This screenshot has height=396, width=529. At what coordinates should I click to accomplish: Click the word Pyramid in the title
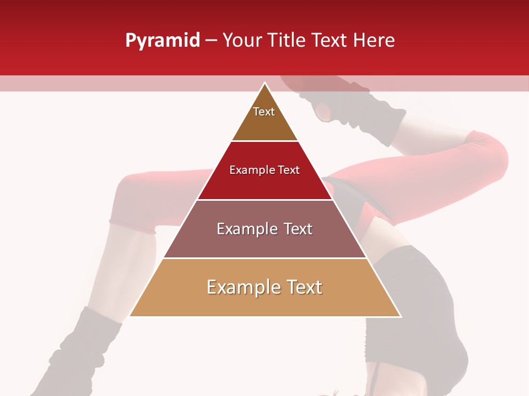click(x=162, y=41)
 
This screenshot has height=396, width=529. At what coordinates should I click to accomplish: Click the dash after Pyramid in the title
click(x=210, y=41)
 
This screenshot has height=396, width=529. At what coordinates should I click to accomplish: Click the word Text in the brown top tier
click(x=264, y=112)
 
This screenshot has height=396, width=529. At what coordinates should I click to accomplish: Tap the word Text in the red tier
click(x=289, y=170)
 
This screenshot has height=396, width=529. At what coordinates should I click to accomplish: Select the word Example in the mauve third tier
click(x=244, y=229)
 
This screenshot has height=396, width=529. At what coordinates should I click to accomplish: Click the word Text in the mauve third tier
click(x=298, y=229)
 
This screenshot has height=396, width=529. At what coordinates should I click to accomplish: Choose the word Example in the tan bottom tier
click(x=241, y=287)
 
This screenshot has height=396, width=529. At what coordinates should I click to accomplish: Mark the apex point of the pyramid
click(x=264, y=83)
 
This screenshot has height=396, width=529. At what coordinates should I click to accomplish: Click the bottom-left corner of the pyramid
click(x=130, y=316)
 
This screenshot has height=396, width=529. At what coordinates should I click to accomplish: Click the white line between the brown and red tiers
click(x=264, y=141)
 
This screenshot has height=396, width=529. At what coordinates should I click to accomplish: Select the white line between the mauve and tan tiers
click(x=264, y=258)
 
